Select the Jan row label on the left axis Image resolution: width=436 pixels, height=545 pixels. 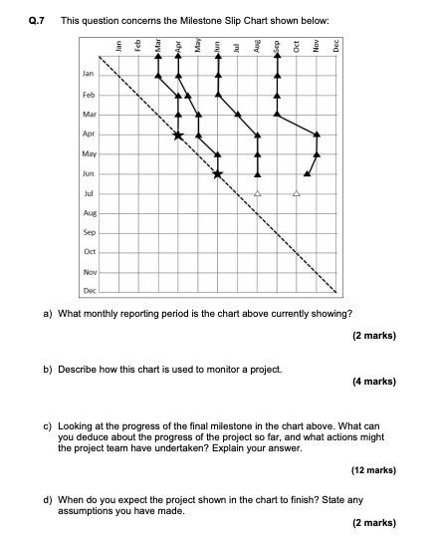(89, 75)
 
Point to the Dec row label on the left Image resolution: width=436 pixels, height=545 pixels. (90, 291)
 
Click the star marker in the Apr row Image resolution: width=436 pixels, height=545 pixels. (178, 135)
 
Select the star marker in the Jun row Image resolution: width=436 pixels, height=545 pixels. (217, 174)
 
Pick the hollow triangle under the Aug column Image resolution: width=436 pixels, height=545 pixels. (257, 193)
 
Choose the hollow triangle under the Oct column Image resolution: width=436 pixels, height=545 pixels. (296, 193)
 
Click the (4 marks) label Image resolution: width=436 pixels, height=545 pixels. (374, 381)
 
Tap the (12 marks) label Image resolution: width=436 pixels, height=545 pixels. (372, 469)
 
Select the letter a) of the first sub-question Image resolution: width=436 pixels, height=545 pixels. (48, 313)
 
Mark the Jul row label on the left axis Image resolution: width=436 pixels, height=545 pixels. (90, 193)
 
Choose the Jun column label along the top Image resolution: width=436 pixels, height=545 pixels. (217, 45)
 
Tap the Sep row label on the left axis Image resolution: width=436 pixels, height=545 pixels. (90, 232)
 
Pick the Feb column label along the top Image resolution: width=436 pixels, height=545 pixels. (138, 45)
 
